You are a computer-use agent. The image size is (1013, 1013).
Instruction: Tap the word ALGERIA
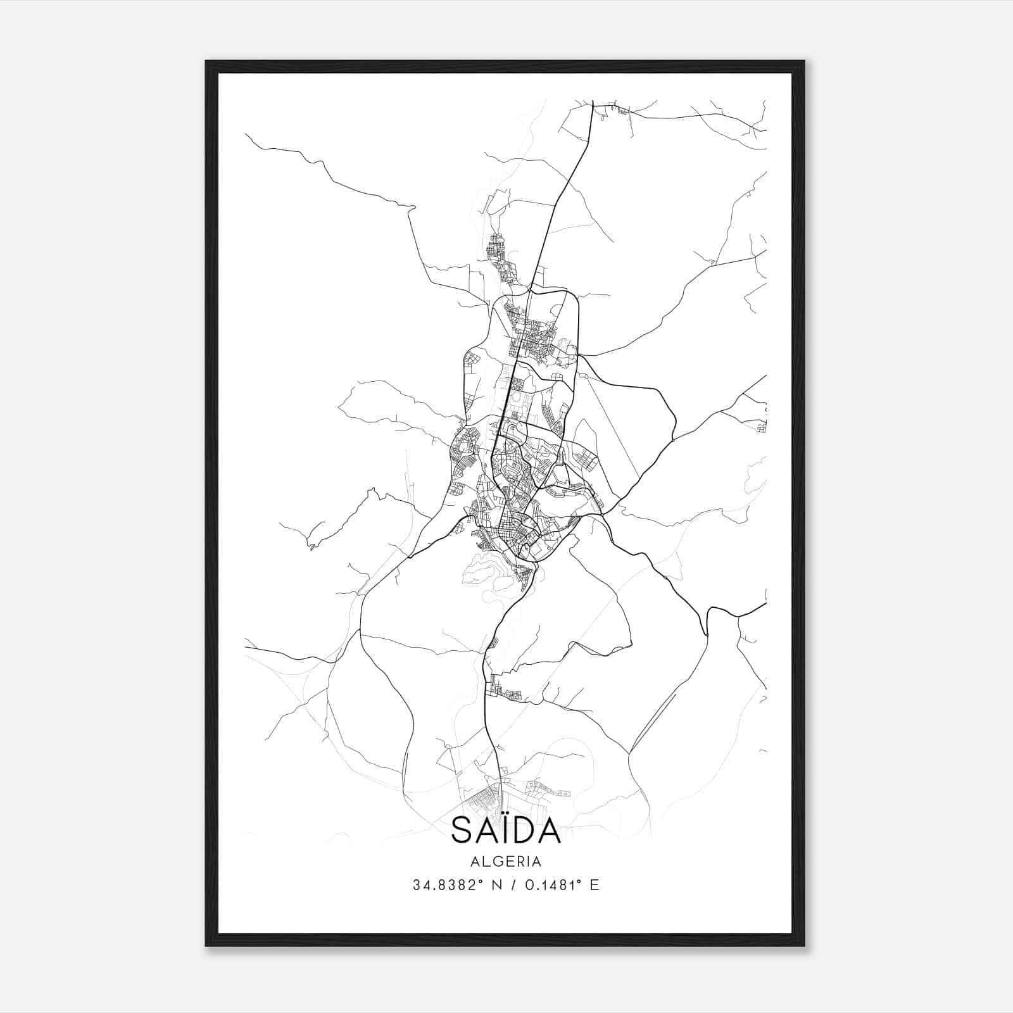pos(506,862)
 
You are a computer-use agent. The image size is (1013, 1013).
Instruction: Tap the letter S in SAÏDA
pos(462,830)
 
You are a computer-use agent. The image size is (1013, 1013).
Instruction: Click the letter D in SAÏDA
pos(528,830)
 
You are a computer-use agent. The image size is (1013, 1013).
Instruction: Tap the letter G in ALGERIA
pos(494,862)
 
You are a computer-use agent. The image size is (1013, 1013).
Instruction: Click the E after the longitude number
pos(594,885)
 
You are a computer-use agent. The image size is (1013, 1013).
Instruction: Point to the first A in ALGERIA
pos(474,862)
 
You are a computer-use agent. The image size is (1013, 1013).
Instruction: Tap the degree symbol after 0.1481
pos(581,881)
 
